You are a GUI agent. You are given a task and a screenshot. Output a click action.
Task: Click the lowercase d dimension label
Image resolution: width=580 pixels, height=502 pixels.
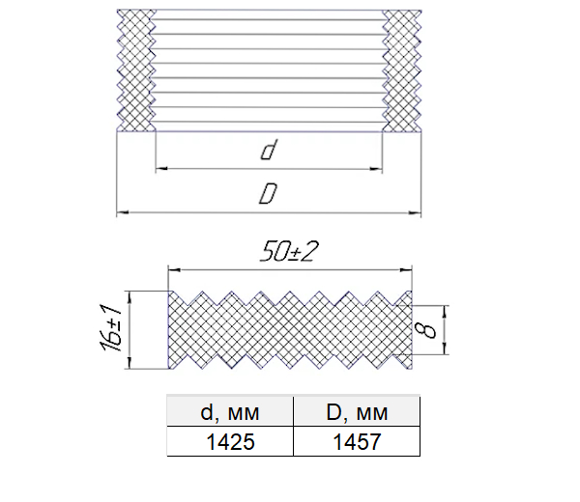point(269,150)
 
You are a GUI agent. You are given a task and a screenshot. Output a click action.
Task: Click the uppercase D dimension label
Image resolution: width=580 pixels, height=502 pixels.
point(268,193)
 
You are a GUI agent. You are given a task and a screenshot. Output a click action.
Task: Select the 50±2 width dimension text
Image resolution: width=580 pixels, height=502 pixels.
point(289,252)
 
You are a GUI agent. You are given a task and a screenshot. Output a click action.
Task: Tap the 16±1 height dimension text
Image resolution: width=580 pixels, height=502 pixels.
point(110,327)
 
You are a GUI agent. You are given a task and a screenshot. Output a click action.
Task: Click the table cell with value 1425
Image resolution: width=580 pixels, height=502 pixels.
point(230,441)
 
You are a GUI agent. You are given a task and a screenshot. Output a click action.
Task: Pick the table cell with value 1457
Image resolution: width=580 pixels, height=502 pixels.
point(357,441)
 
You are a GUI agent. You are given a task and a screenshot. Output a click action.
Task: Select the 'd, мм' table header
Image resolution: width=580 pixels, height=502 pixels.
point(230,411)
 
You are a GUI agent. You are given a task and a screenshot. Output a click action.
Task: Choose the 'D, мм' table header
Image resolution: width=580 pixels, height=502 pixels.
point(357,411)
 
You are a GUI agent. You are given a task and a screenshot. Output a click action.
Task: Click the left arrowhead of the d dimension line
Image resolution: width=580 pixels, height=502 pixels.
point(161,169)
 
